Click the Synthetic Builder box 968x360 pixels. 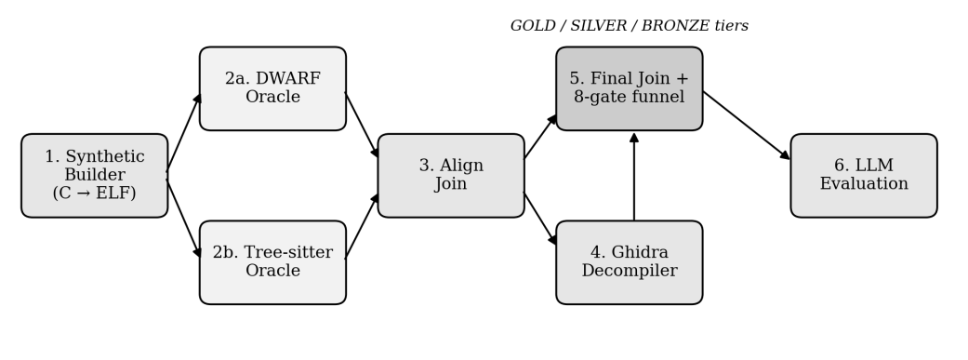pos(95,176)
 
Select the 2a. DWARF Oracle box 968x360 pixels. pos(272,88)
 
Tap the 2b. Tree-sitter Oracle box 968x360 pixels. pos(272,262)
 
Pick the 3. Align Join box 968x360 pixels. pos(451,176)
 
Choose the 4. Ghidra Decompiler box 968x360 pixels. pos(630,262)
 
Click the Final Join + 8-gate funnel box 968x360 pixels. pos(630,88)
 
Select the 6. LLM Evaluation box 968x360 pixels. pos(864,176)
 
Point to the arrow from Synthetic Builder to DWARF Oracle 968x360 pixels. pos(184,132)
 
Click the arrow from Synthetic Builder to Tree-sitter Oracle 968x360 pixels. pos(184,219)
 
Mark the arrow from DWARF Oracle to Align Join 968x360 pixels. pos(363,126)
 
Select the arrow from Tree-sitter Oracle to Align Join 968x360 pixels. pos(363,225)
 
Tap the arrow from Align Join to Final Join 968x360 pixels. pos(541,137)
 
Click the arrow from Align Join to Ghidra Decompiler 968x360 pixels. pos(541,220)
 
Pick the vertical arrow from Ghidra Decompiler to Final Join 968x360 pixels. pos(634,177)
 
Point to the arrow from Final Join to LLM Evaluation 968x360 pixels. pos(747,126)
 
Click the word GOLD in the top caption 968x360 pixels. pos(532,26)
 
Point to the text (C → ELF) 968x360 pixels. pos(95,193)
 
